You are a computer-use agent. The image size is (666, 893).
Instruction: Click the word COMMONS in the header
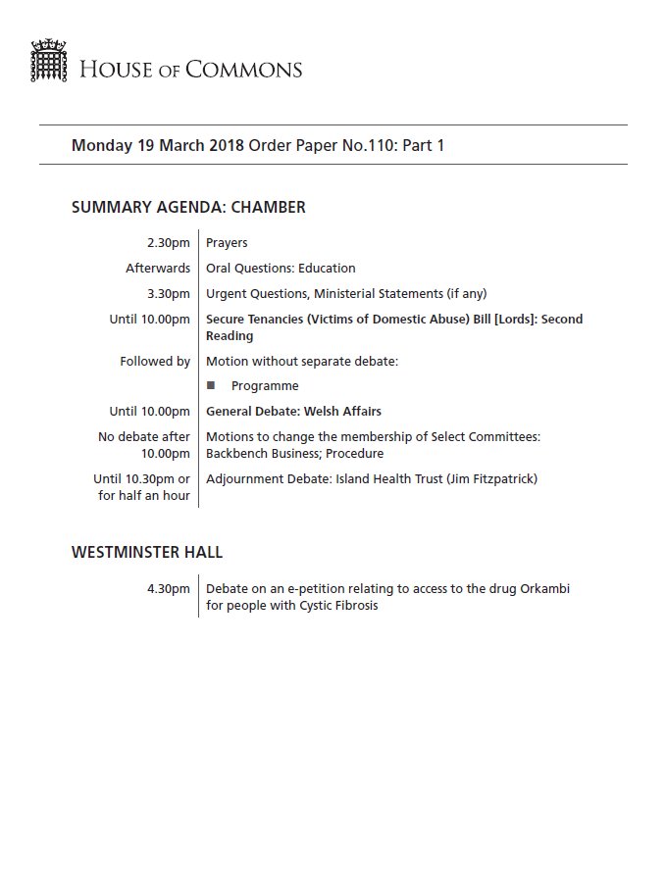click(251, 70)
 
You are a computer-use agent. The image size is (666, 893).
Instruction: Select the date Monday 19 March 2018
click(158, 145)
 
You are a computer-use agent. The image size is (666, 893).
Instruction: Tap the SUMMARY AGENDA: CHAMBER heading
click(188, 207)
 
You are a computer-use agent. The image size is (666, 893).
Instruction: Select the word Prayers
click(227, 243)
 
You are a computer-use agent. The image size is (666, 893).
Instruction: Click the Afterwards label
click(158, 268)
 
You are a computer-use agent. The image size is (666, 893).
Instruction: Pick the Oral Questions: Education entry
click(281, 268)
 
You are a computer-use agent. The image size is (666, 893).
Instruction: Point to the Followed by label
click(155, 362)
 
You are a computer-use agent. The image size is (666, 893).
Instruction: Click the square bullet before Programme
click(211, 385)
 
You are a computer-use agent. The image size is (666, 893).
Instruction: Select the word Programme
click(265, 386)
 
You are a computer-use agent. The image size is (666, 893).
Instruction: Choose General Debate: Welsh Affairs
click(293, 411)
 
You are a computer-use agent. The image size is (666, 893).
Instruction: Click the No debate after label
click(143, 436)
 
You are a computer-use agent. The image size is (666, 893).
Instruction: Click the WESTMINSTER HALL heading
click(147, 552)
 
